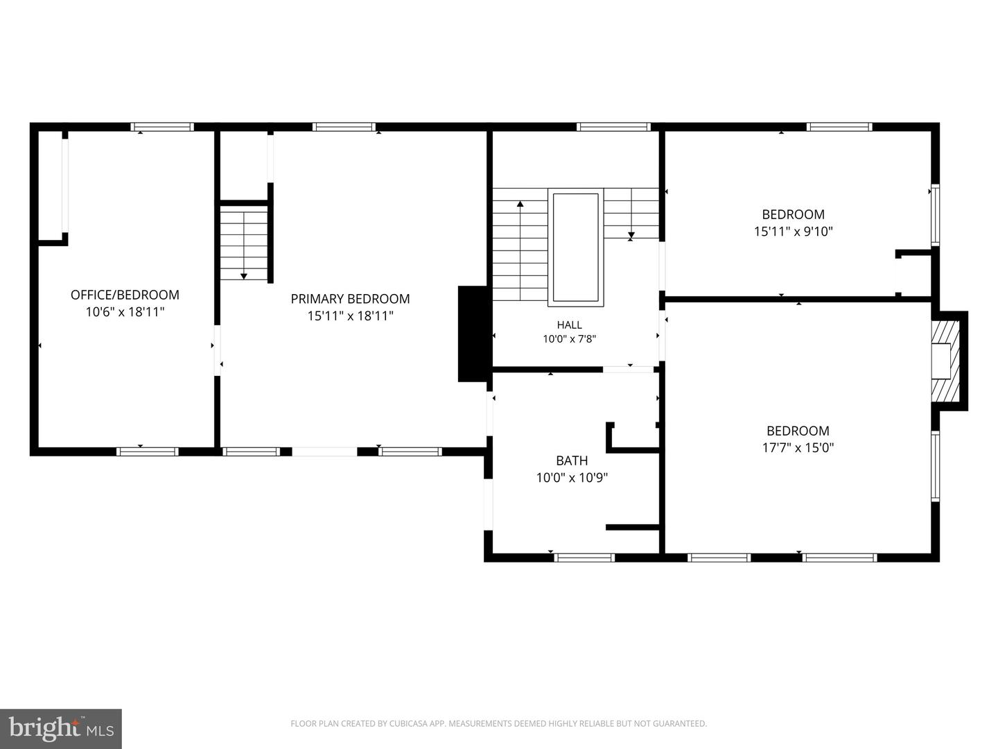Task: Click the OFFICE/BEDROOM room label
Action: [x=125, y=295]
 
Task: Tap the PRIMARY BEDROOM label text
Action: [x=350, y=299]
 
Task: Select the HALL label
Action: [x=569, y=325]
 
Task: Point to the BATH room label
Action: [x=572, y=460]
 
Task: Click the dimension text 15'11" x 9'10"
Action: [x=794, y=232]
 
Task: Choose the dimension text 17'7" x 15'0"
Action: [x=798, y=447]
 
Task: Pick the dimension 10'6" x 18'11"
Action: [x=125, y=312]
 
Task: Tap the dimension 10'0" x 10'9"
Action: [x=572, y=478]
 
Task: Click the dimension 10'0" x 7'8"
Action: [x=569, y=339]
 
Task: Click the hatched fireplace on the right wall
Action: [x=946, y=361]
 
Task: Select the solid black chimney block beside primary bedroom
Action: [x=473, y=334]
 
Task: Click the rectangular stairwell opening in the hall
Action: [x=576, y=248]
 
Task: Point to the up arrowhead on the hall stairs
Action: [x=520, y=204]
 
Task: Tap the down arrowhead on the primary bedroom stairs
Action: [x=244, y=276]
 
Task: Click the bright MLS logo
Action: [x=61, y=729]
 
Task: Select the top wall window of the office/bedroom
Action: [x=162, y=127]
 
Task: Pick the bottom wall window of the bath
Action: [x=584, y=558]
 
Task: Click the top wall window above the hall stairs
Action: [x=614, y=127]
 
